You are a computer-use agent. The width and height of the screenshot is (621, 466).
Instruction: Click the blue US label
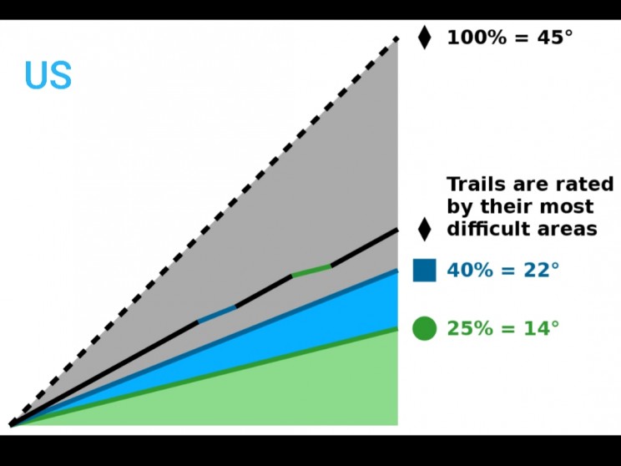[48, 75]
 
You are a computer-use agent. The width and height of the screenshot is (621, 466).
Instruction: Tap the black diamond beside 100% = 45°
[425, 38]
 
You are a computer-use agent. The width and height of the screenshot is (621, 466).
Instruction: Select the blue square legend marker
[425, 271]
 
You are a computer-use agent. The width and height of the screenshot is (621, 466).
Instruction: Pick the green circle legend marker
[425, 328]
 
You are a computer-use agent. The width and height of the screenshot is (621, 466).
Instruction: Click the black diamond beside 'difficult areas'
[425, 229]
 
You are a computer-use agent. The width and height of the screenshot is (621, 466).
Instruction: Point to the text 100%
[477, 38]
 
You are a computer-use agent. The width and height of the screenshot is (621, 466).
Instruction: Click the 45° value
[555, 38]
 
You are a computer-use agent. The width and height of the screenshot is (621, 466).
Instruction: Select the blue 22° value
[542, 271]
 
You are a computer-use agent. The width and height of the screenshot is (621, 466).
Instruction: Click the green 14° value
[542, 328]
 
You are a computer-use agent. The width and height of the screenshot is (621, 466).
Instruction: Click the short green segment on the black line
[311, 271]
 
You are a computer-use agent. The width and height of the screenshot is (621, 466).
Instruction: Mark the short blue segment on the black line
[217, 314]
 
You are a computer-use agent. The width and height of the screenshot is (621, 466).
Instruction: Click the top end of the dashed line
[396, 38]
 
